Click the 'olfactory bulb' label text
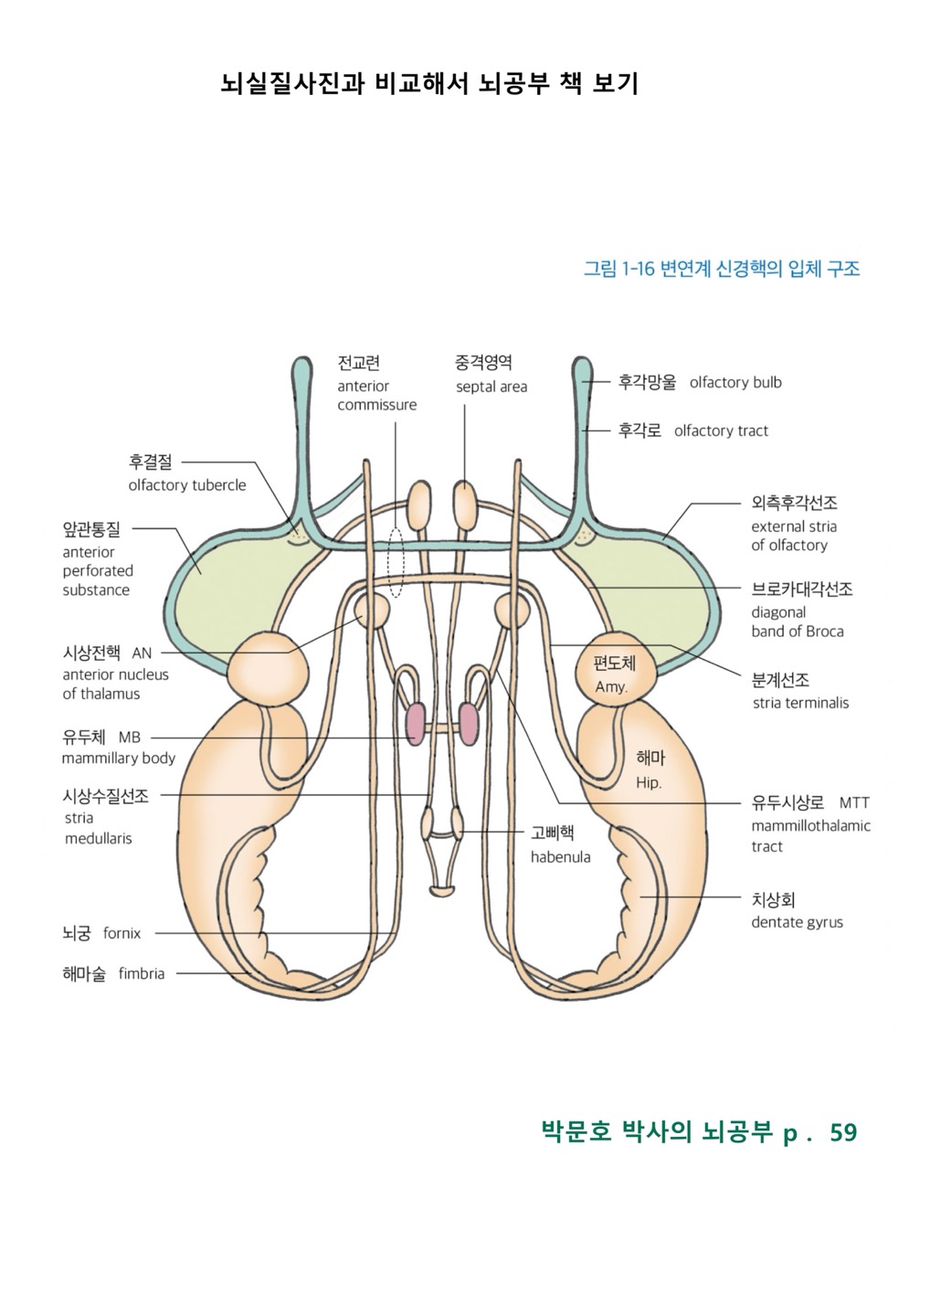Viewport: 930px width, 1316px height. [x=735, y=383]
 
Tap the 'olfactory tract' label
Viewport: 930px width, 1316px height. [x=721, y=431]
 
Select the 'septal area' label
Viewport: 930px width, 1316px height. [x=491, y=387]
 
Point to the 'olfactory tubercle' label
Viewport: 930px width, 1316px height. [x=187, y=485]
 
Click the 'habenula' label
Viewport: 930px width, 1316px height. [x=560, y=857]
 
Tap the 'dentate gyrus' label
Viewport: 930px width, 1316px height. [x=797, y=923]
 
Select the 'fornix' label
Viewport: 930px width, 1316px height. [x=122, y=934]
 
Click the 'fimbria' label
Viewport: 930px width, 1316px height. [x=142, y=974]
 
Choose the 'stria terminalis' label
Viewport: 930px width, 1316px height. [x=800, y=704]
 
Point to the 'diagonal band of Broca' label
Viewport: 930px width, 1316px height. [x=797, y=622]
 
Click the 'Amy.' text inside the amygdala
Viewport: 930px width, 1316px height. [x=611, y=687]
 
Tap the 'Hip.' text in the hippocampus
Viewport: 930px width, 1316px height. [x=649, y=783]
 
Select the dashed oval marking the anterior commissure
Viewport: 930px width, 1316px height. [x=395, y=561]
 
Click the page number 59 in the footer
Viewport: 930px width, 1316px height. [x=843, y=1133]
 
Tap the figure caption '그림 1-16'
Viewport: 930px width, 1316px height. [x=619, y=269]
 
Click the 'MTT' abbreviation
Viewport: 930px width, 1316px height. [x=854, y=803]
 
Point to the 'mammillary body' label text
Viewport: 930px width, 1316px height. [x=118, y=759]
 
